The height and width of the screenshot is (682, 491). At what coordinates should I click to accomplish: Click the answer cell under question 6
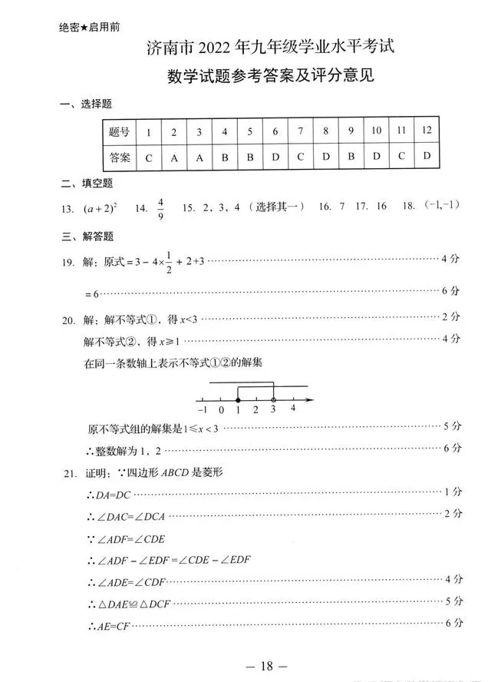(x=275, y=157)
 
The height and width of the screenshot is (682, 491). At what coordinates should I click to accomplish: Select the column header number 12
(x=427, y=131)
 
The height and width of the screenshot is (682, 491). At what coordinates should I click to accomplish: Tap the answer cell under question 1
(x=149, y=157)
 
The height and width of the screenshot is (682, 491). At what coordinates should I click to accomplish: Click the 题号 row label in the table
(x=120, y=131)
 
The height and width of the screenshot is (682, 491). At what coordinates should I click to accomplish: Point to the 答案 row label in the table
(x=120, y=157)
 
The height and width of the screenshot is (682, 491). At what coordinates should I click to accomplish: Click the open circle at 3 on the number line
(x=274, y=400)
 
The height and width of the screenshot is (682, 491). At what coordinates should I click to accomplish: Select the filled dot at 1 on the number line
(x=239, y=400)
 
